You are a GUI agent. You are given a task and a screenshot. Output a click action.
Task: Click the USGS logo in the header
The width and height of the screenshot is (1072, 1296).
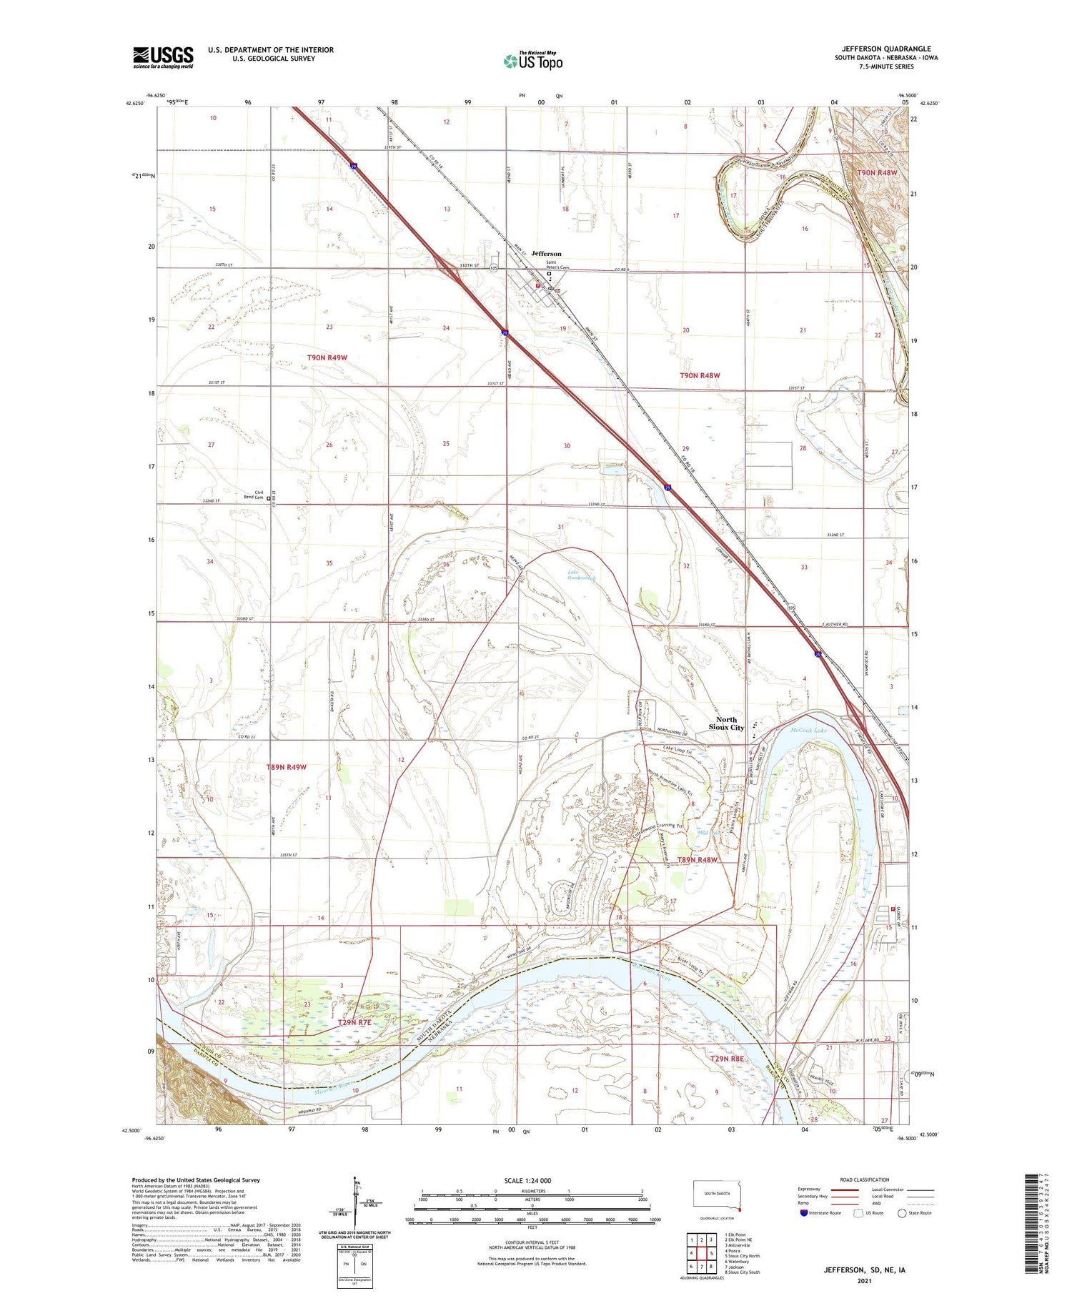(x=163, y=57)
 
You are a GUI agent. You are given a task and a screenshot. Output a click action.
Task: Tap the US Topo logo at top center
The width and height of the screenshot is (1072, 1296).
(x=533, y=61)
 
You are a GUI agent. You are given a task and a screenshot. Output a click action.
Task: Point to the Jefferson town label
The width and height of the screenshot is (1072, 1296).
(x=546, y=254)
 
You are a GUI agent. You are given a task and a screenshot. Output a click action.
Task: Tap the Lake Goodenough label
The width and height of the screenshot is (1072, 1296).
(x=581, y=575)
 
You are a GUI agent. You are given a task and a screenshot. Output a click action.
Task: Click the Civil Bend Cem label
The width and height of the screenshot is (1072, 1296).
(x=254, y=495)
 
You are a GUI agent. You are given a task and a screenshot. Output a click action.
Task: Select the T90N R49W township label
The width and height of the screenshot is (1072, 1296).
(x=327, y=357)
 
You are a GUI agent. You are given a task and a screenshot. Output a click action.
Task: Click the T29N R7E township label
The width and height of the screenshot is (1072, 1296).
(x=354, y=1023)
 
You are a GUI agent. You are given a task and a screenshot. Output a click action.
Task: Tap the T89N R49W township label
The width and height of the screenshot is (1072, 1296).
(x=286, y=767)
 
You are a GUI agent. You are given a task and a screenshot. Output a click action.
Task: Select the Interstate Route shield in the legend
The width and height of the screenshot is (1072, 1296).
(x=804, y=1213)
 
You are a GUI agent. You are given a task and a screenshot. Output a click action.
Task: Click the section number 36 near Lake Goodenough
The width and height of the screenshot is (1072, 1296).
(x=447, y=564)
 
